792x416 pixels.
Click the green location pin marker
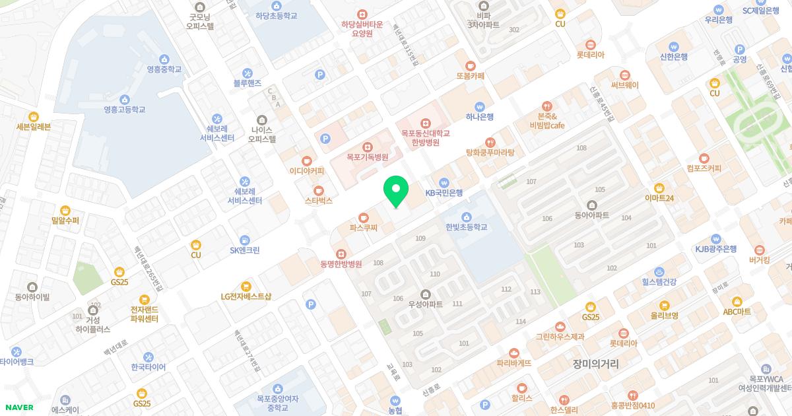pos(396,191)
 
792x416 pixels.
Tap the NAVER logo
pos(19,407)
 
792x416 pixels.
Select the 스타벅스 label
pos(319,200)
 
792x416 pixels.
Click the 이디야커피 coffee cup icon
pos(306,160)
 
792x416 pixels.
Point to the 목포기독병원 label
pos(367,158)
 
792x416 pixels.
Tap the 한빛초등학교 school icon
pos(467,217)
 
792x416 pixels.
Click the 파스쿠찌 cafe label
pos(363,228)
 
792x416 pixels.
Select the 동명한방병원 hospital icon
pos(341,254)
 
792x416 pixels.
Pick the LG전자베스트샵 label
pos(246,296)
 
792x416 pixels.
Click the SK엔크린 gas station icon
pos(245,240)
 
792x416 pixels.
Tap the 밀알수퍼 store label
pos(65,220)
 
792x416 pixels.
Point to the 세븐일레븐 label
pos(33,127)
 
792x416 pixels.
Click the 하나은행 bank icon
pos(480,106)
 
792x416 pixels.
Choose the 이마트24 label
pos(659,197)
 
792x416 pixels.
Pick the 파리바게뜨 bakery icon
pos(514,353)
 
